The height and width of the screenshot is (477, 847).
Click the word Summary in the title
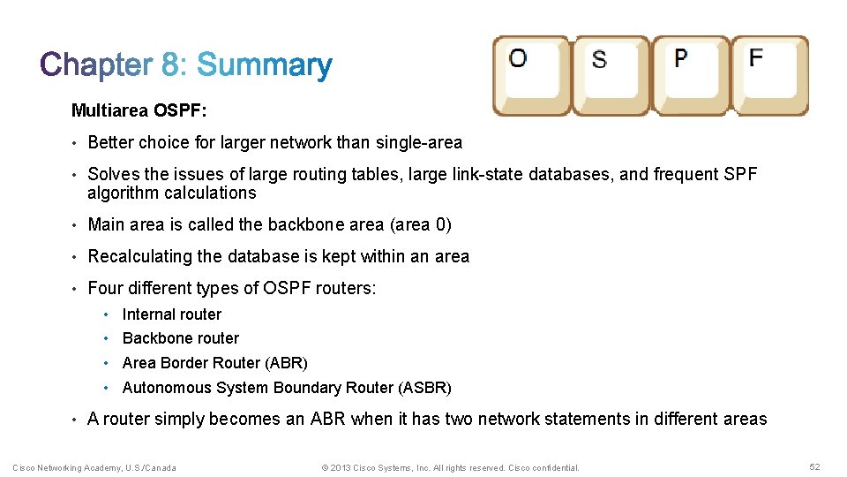(x=264, y=65)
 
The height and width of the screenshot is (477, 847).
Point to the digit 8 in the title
(x=170, y=65)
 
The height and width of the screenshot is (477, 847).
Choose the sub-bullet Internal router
(x=172, y=314)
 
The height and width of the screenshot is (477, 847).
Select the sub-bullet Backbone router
(x=181, y=338)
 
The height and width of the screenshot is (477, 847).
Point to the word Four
(x=105, y=288)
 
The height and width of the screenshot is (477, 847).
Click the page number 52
(x=813, y=466)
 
